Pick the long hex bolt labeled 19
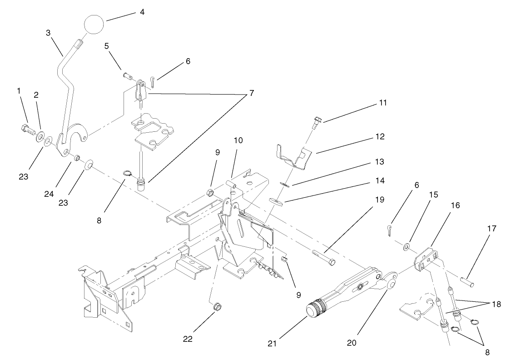(x=324, y=256)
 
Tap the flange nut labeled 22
(x=218, y=306)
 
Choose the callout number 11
(x=383, y=103)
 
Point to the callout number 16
(x=456, y=205)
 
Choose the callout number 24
(x=49, y=194)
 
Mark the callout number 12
(x=380, y=136)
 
